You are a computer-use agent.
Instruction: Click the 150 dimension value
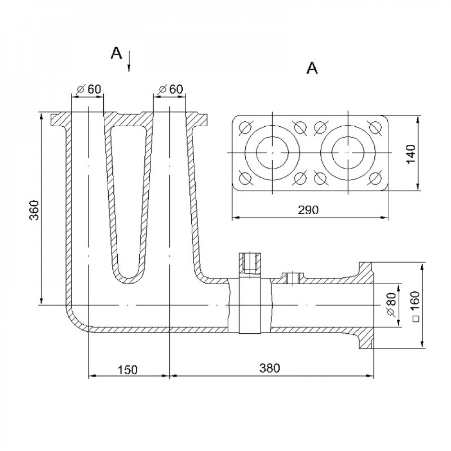click(x=128, y=370)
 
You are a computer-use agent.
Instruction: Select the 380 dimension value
click(x=269, y=368)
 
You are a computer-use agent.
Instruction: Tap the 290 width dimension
click(x=308, y=210)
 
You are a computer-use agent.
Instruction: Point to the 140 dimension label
click(x=411, y=154)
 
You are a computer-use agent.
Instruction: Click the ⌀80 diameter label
click(x=391, y=304)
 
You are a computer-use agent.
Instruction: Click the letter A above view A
click(x=312, y=69)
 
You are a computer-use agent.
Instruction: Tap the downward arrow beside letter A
click(x=129, y=61)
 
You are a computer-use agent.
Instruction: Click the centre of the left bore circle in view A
click(x=272, y=153)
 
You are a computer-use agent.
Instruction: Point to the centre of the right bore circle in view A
click(x=348, y=153)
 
